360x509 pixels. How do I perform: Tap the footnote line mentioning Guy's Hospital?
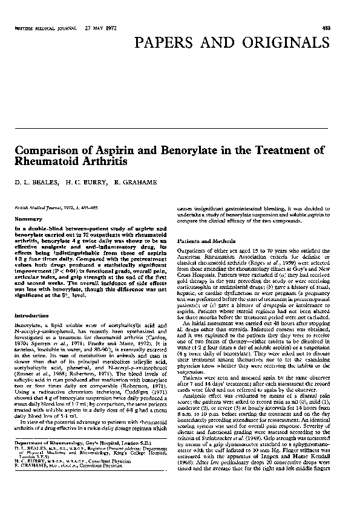pos(79,459)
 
